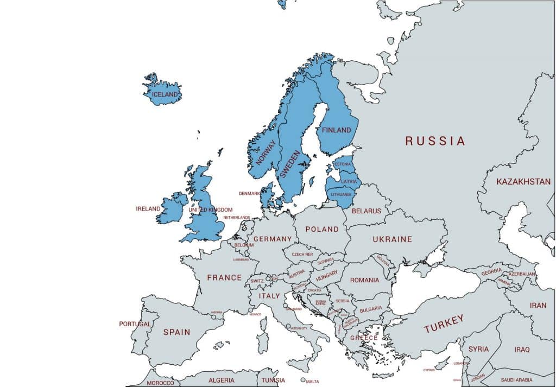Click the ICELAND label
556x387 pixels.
coord(165,94)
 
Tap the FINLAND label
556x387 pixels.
coord(337,130)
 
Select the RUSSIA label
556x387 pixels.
coord(435,141)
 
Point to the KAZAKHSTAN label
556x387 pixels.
coord(523,182)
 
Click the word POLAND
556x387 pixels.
coord(322,229)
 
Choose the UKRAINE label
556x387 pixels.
coord(392,239)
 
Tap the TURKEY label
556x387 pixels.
coord(444,324)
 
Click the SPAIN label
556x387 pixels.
coord(176,332)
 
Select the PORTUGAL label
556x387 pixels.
coord(135,324)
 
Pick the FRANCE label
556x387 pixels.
coord(224,277)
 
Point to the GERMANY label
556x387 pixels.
coord(273,239)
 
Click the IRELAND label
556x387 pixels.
coord(148,208)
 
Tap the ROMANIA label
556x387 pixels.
coord(364,280)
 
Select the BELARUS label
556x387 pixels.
coord(367,211)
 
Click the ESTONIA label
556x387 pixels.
coord(343,164)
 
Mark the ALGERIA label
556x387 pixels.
coord(222,380)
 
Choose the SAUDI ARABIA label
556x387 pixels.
coord(517,380)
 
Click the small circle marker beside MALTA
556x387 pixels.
coord(303,380)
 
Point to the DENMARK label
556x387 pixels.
coord(249,193)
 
